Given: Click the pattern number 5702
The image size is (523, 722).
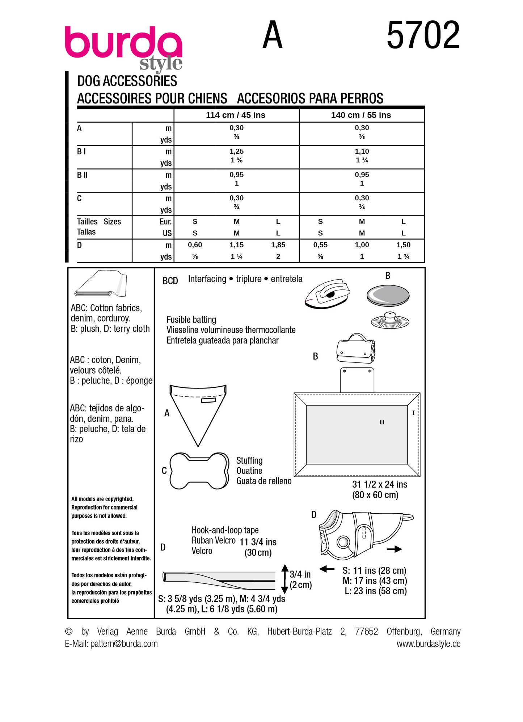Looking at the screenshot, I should [x=423, y=35].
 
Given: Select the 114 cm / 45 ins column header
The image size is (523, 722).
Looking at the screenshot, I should [x=236, y=115].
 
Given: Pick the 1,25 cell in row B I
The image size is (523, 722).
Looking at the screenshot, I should [x=236, y=151].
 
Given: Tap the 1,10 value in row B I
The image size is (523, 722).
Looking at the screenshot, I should [x=362, y=151].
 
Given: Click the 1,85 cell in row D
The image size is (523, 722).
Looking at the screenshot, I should [x=278, y=245].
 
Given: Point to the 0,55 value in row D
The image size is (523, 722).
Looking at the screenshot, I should [x=320, y=245].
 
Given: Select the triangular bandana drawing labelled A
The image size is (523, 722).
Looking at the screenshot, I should [x=198, y=412].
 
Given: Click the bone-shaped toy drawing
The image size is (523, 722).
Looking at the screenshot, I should [x=199, y=471].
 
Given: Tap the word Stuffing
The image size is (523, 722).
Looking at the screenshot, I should [x=249, y=460].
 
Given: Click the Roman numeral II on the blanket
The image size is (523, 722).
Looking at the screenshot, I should [x=382, y=422].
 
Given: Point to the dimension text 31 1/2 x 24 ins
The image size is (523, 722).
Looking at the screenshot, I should [x=380, y=484].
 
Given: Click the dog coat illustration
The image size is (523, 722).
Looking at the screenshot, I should [x=362, y=534].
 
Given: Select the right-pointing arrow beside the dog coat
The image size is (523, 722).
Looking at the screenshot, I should [x=394, y=549].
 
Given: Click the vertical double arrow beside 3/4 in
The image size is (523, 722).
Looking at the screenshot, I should [x=284, y=579].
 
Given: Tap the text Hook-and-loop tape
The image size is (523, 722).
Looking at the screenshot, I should [x=225, y=530].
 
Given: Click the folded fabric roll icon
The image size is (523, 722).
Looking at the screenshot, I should [x=101, y=284].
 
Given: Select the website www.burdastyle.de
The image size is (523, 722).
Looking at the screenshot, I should [x=428, y=644].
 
